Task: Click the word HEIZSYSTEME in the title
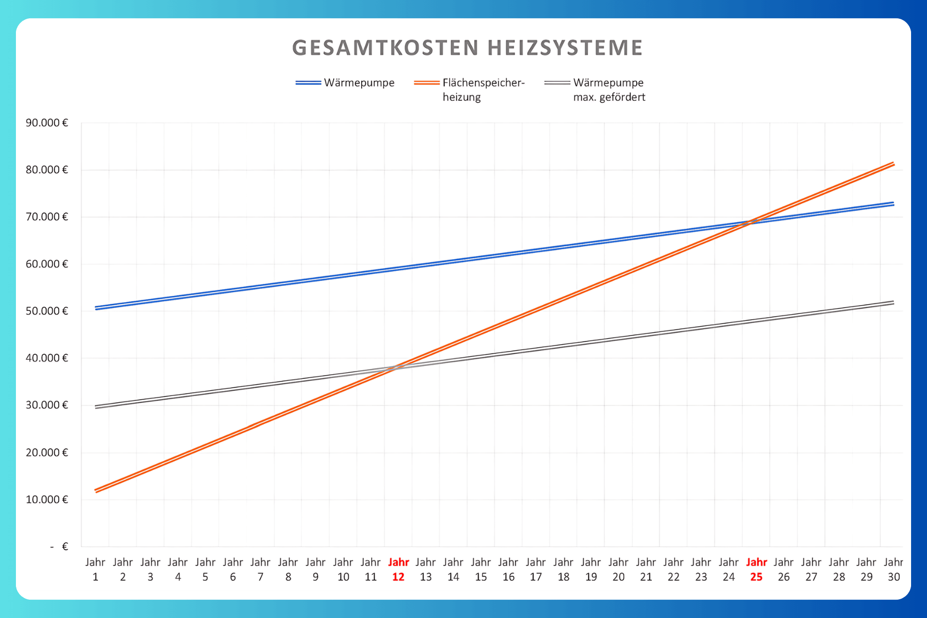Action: [565, 48]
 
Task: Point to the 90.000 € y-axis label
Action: [47, 123]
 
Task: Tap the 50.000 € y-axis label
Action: [47, 311]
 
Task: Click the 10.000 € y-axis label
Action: [47, 499]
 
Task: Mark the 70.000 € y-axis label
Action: [47, 217]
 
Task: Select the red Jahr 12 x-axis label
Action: [398, 569]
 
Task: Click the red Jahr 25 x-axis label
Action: [756, 569]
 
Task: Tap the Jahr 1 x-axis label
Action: [95, 569]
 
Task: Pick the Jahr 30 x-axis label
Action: [894, 569]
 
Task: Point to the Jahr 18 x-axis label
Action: [563, 569]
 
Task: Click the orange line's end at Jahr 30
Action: [894, 164]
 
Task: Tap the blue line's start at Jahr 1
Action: [96, 308]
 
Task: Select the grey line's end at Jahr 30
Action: [894, 302]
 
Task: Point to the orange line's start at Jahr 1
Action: [96, 491]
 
